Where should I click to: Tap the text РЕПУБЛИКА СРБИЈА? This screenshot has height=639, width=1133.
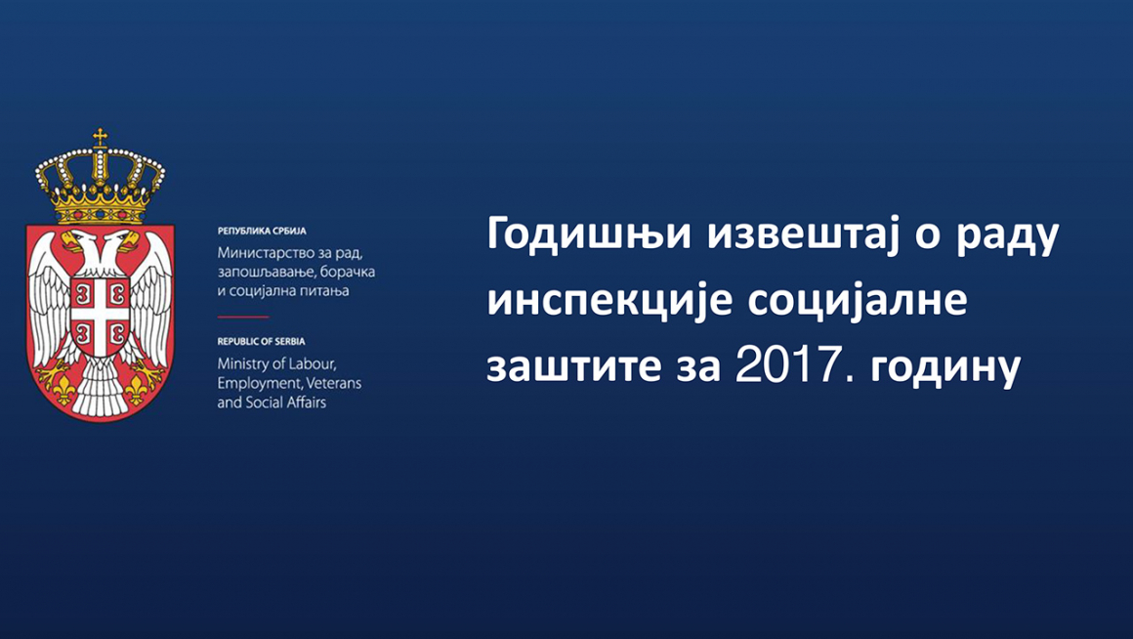262,232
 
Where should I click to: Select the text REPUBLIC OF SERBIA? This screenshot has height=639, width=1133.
261,341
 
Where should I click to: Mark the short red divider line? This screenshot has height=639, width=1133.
243,317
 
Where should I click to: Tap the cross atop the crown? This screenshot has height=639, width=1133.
101,137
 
